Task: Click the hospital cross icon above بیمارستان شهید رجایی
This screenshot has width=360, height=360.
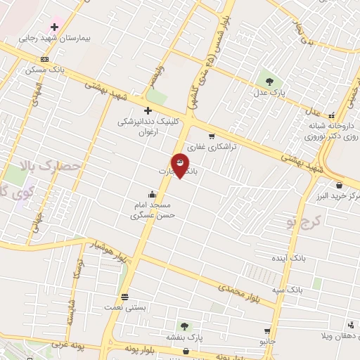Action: (x=54, y=27)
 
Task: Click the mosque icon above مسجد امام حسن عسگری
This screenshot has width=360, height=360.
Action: (x=152, y=194)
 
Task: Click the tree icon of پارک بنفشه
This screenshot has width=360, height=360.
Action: (x=184, y=326)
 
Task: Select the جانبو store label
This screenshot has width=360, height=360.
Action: (x=268, y=340)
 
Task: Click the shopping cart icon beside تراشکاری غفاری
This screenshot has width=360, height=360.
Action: (x=211, y=136)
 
